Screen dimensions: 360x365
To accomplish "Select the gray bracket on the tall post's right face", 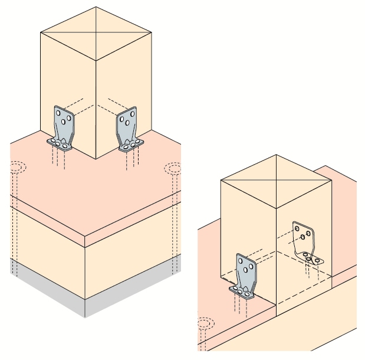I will click(x=129, y=125).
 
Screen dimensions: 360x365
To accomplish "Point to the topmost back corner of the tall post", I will click(x=96, y=8).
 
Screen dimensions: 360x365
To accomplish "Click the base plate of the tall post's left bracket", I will click(x=59, y=143).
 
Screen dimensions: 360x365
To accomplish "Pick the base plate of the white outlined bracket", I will click(x=310, y=257).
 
